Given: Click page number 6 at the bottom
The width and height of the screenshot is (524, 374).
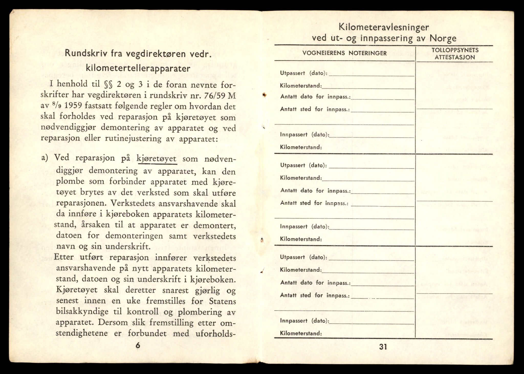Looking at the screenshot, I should click(138, 346).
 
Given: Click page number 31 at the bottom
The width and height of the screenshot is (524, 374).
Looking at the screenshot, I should click(383, 347).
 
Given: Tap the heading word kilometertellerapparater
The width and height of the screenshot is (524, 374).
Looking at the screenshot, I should click(138, 69).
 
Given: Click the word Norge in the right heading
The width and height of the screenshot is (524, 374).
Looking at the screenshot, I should click(443, 38).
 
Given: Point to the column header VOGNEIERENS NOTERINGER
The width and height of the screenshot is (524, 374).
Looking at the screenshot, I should click(345, 53).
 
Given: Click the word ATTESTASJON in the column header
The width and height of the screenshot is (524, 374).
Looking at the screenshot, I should click(455, 57).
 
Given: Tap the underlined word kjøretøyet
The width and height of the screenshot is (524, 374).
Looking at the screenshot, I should click(157, 159).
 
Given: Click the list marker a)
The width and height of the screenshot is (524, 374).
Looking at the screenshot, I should click(45, 158).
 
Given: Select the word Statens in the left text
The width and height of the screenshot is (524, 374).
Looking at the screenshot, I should click(222, 301).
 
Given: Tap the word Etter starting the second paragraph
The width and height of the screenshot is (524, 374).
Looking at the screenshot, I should click(64, 257).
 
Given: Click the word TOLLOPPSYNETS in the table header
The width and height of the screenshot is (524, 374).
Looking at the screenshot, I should click(455, 50).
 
